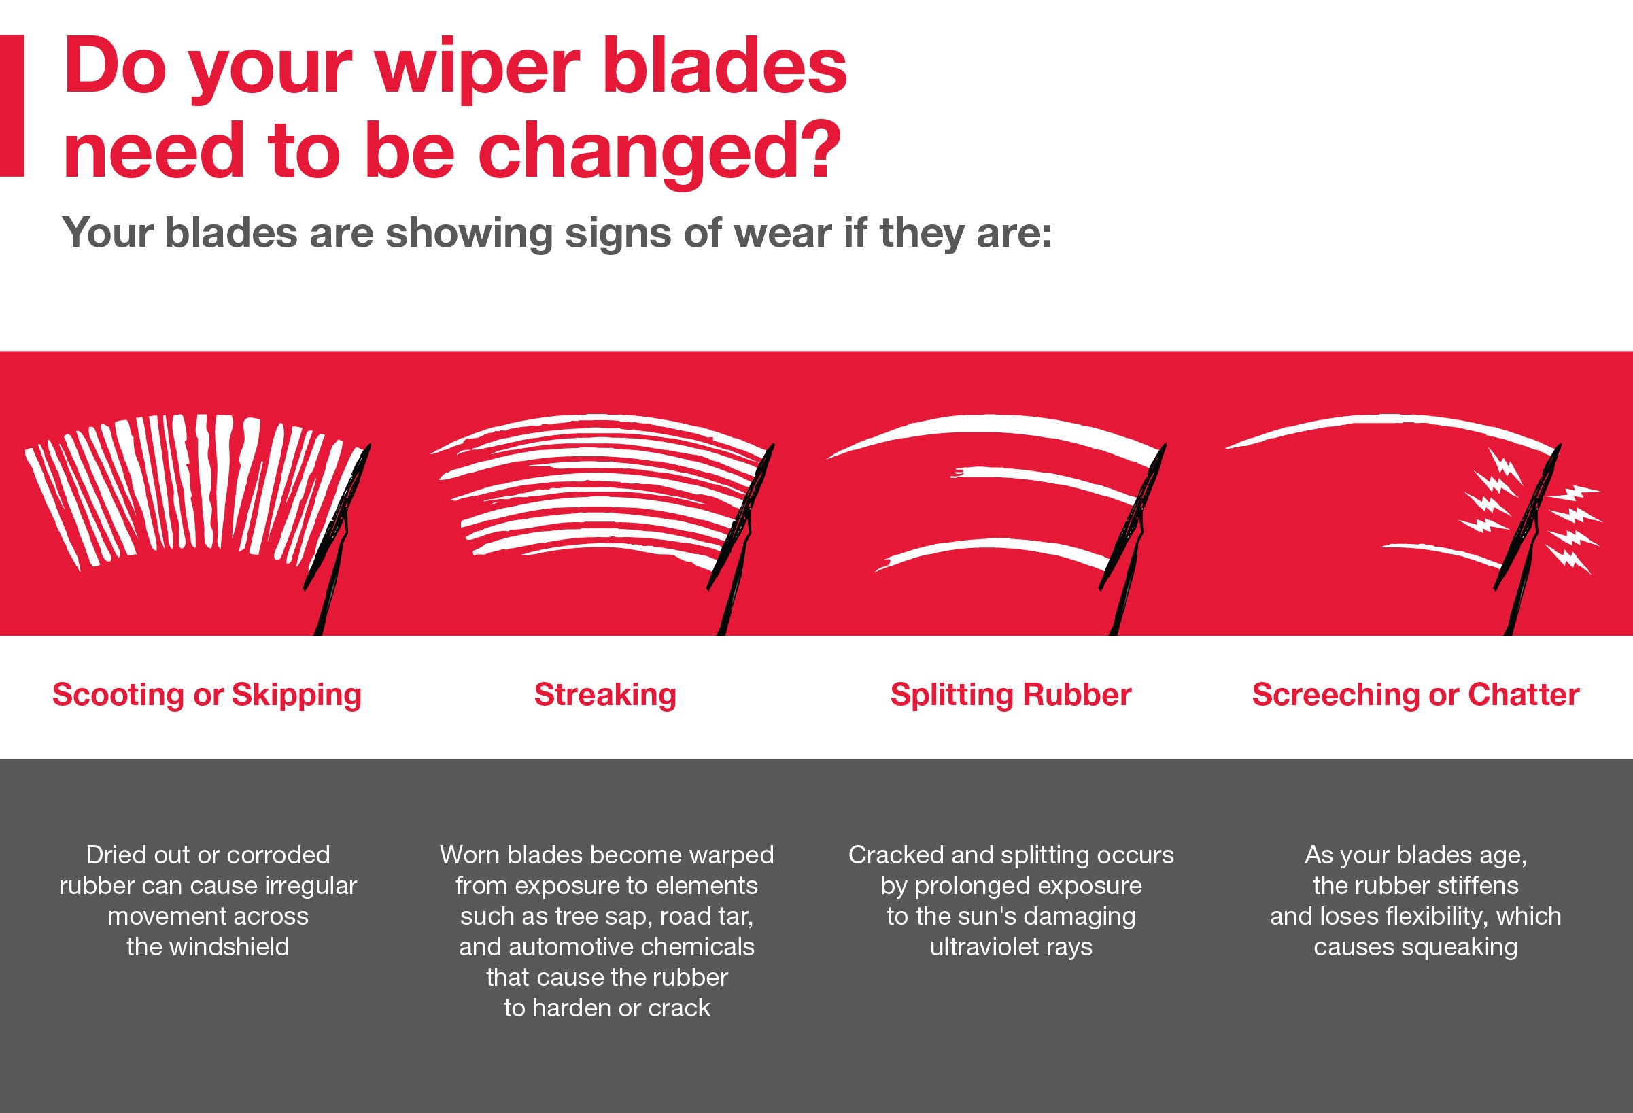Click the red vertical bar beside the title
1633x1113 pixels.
click(12, 105)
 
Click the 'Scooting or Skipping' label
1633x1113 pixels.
click(207, 695)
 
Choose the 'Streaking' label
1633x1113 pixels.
click(605, 695)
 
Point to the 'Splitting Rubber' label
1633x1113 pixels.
click(1010, 695)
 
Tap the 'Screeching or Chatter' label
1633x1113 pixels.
click(1415, 695)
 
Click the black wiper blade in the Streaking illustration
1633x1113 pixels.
click(740, 520)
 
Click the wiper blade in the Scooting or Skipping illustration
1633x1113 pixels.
click(337, 520)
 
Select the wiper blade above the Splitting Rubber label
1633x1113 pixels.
click(1133, 520)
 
